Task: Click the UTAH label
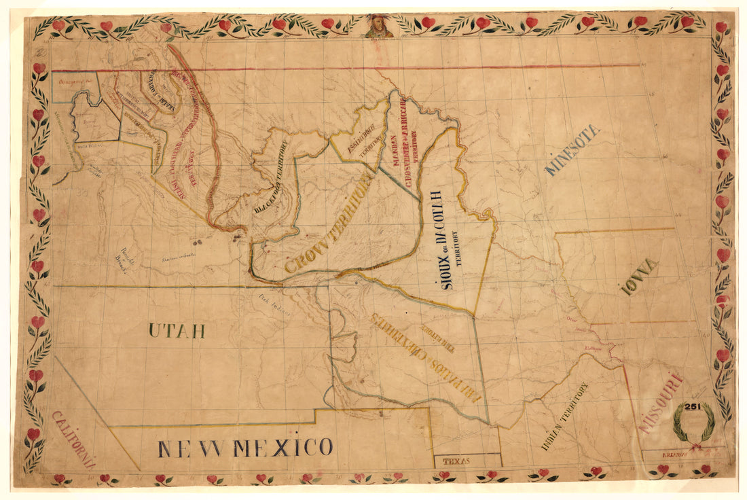pos(177,332)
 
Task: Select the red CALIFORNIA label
pos(74,440)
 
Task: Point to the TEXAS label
pos(456,461)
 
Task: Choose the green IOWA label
pos(639,276)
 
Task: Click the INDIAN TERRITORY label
pos(565,416)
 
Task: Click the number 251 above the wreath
pos(693,406)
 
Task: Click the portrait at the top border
pos(378,26)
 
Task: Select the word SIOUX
pos(445,274)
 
